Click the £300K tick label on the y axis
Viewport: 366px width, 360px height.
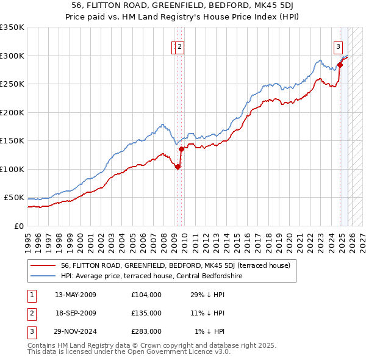[12, 56]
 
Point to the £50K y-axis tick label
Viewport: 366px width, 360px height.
[14, 198]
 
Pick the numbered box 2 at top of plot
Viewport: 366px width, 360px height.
[181, 45]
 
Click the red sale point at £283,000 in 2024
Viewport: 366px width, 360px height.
[340, 65]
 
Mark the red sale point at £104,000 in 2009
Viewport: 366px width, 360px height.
[178, 167]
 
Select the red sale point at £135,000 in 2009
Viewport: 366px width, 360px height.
[181, 149]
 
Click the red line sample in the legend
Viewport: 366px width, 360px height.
[43, 266]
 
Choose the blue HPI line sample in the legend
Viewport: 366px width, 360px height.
[43, 276]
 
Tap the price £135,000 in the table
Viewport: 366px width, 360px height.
[146, 313]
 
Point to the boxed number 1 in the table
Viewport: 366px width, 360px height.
[31, 295]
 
